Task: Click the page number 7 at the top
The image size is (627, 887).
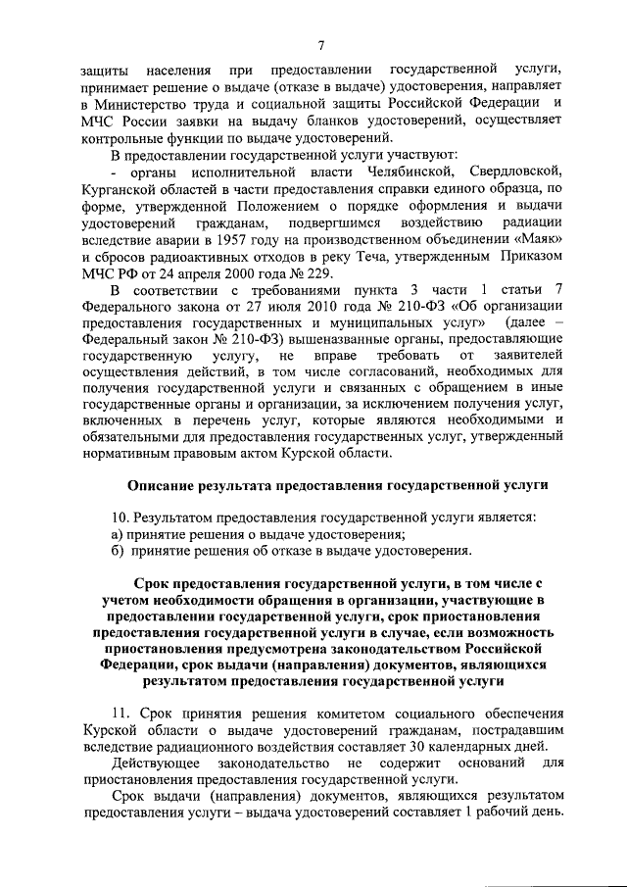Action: click(x=320, y=44)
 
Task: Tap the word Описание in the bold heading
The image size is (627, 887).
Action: click(x=162, y=486)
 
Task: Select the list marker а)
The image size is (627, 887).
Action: click(x=115, y=534)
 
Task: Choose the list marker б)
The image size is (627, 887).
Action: click(x=115, y=551)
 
